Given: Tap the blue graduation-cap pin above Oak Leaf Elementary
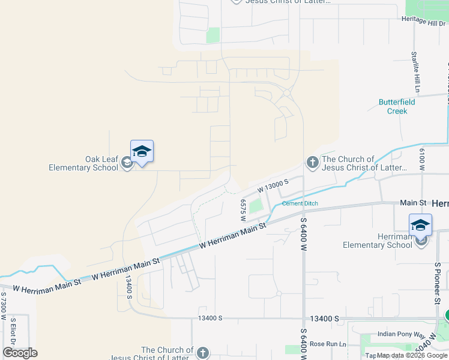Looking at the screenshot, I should click(142, 151).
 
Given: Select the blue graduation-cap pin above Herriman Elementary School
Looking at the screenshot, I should click(420, 225).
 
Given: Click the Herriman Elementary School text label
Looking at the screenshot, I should click(378, 241).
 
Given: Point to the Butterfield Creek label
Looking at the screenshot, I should click(397, 106).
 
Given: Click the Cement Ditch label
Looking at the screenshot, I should click(300, 204).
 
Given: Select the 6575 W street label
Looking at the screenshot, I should click(244, 210).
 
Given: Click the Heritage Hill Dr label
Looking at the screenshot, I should click(424, 20).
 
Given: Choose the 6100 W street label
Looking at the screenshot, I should click(423, 160).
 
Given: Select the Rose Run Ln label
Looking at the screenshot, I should click(328, 344).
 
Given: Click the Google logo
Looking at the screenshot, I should click(20, 352).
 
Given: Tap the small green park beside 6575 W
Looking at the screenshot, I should click(256, 206).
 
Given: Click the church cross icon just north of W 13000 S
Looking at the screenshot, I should click(312, 162).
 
